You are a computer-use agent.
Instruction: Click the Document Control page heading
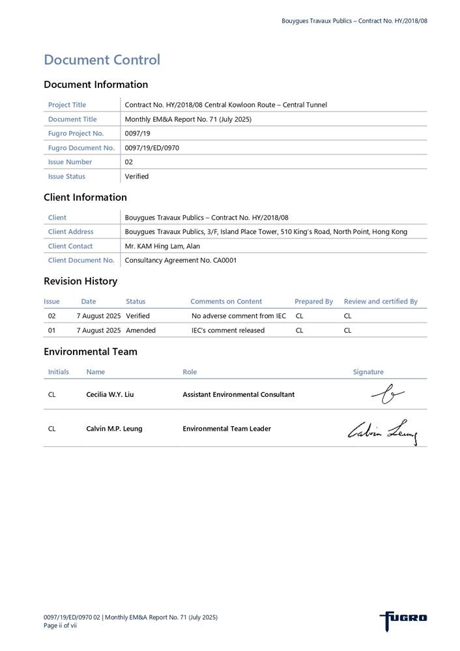click(x=102, y=60)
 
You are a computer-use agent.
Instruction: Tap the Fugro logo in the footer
click(x=403, y=618)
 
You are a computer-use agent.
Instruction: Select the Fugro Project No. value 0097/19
click(x=137, y=134)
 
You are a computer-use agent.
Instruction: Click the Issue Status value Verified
click(x=136, y=177)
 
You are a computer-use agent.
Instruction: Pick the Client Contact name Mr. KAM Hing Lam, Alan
click(x=162, y=246)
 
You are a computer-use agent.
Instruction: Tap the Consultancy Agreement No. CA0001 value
click(x=180, y=261)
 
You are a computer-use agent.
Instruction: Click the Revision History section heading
click(x=80, y=282)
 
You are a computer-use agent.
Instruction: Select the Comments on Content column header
click(x=226, y=302)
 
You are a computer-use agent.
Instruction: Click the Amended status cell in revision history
click(x=141, y=330)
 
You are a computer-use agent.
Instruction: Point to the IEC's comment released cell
click(x=228, y=330)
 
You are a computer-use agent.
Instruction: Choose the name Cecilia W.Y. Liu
click(x=110, y=394)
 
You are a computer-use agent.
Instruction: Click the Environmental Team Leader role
click(x=227, y=429)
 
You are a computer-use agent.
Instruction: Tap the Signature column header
click(x=368, y=372)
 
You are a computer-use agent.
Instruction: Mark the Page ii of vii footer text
click(x=60, y=626)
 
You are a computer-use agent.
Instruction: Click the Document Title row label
click(x=72, y=119)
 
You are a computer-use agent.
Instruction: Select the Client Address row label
click(x=70, y=232)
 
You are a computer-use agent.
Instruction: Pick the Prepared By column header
click(x=313, y=302)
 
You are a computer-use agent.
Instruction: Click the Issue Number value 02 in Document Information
click(x=128, y=162)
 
